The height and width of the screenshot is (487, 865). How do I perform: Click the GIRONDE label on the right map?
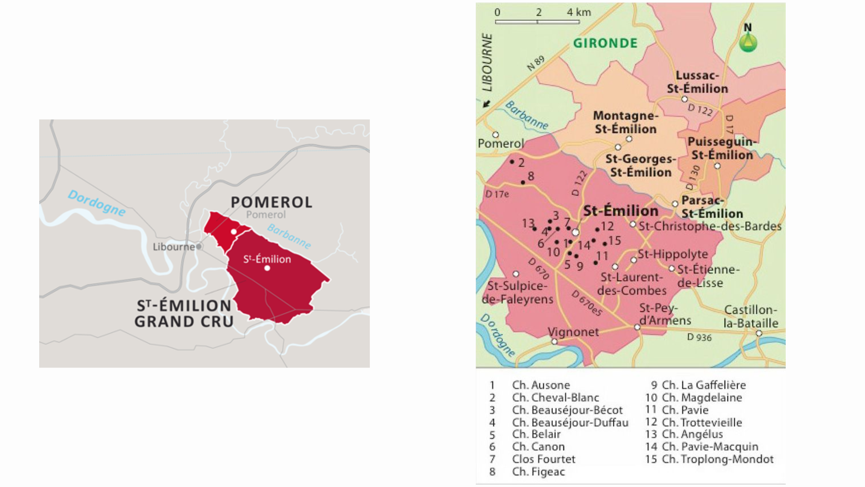[605, 43]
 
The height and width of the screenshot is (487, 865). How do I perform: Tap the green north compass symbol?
[748, 42]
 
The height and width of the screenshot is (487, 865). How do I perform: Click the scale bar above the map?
[537, 21]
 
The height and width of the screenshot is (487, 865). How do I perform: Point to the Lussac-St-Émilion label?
[697, 82]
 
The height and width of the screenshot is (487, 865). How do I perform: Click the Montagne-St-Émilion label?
[625, 122]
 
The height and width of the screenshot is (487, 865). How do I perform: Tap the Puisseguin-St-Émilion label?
[722, 148]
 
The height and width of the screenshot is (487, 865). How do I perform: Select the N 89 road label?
[536, 63]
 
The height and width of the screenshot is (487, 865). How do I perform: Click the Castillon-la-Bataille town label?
[751, 317]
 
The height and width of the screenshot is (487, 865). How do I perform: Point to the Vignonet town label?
[573, 332]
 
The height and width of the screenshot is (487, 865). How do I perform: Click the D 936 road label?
[699, 337]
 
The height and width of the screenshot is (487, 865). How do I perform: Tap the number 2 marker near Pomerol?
[521, 163]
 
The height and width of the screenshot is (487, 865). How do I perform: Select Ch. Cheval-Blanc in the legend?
[555, 398]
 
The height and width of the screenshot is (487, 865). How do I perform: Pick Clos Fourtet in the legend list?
[543, 459]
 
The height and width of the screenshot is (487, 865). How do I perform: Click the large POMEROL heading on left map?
[271, 202]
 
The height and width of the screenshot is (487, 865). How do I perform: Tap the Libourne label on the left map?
[173, 247]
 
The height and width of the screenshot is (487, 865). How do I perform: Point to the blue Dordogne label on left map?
[96, 203]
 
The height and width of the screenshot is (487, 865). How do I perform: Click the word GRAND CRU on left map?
[184, 322]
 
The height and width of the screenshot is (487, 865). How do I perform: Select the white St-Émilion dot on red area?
[267, 268]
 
